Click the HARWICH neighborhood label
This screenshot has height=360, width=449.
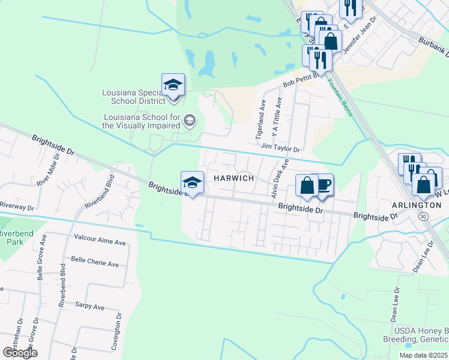(x=234, y=179)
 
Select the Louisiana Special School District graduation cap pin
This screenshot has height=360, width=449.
(x=173, y=85)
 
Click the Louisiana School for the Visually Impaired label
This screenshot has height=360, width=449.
(x=142, y=121)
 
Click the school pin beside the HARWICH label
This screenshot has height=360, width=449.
(x=192, y=182)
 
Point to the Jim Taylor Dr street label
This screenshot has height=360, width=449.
(x=280, y=146)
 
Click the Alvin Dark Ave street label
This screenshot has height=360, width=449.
(x=277, y=178)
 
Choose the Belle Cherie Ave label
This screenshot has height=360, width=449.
(x=95, y=263)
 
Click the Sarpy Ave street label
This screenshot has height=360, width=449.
(x=90, y=307)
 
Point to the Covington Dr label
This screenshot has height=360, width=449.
(x=119, y=327)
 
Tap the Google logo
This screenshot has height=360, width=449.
(x=20, y=352)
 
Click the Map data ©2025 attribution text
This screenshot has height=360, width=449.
(x=423, y=355)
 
